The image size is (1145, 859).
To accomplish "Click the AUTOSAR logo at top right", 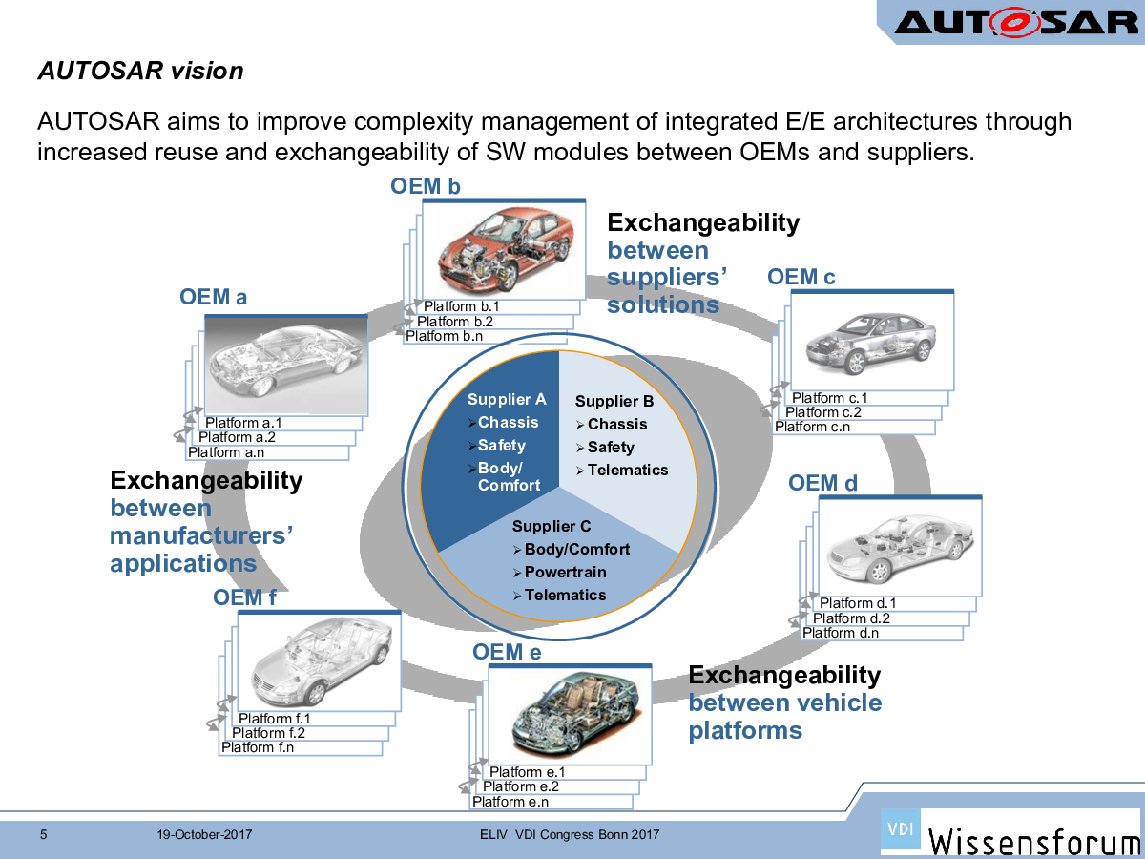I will click(x=1015, y=21).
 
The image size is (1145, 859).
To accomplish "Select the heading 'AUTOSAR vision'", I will click(x=140, y=71).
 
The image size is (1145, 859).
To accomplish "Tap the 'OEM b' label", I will click(x=426, y=186).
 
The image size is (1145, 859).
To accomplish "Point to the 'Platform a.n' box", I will click(x=226, y=452).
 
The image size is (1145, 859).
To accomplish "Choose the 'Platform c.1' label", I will click(x=829, y=398).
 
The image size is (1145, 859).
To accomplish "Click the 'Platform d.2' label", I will click(x=851, y=618).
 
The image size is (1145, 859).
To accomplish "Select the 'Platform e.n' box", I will click(x=510, y=802).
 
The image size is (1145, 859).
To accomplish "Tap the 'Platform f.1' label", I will click(x=275, y=719).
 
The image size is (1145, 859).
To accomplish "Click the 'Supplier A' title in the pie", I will click(x=507, y=400).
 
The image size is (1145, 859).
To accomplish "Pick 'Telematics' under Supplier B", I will click(x=628, y=470).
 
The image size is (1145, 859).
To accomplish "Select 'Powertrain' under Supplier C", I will click(x=565, y=573).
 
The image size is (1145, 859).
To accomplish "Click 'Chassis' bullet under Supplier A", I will click(x=508, y=423).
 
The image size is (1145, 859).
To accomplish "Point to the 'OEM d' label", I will click(x=822, y=483).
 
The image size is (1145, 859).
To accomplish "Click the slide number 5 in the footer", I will click(x=43, y=835).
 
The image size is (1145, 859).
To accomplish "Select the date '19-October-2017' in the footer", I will click(x=204, y=835).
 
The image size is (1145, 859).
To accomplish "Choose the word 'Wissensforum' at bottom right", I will click(x=1034, y=840).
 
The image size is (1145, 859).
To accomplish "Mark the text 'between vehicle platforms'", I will click(x=784, y=717).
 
